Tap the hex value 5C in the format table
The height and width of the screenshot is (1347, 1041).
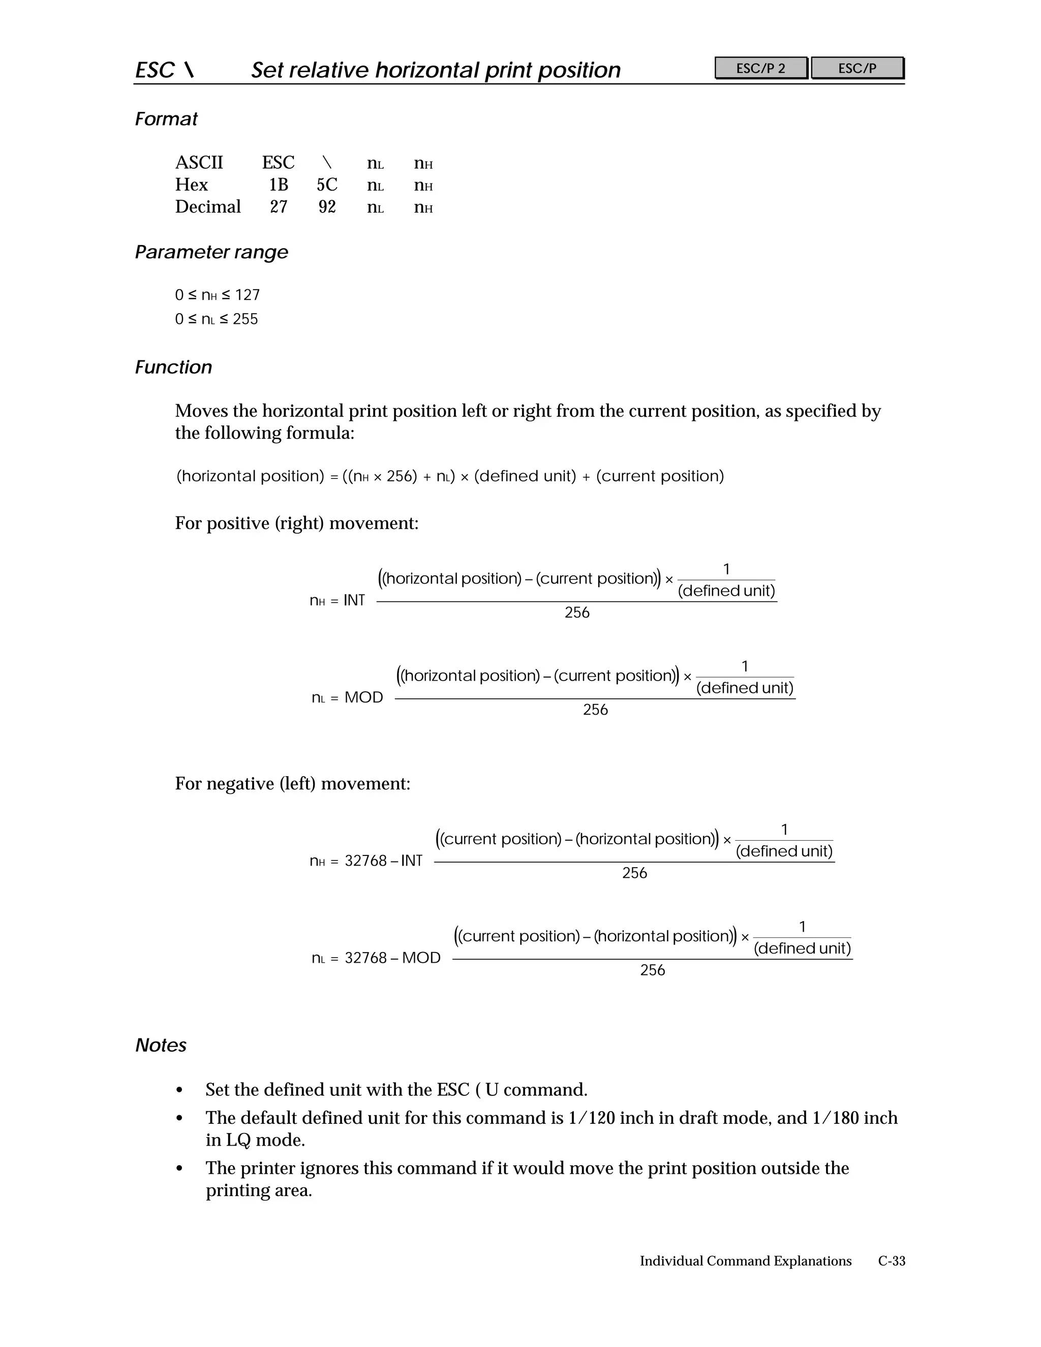coord(327,185)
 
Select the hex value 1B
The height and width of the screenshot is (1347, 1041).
coord(278,185)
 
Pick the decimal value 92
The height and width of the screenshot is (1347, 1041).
coord(327,207)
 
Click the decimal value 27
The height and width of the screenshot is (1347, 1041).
coord(278,207)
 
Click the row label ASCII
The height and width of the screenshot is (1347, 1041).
coord(199,163)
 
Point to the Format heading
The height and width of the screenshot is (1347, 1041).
coord(166,119)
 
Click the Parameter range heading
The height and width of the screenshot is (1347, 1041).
coord(211,252)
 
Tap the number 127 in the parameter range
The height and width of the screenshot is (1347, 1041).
coord(248,295)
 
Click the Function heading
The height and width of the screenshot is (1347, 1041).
coord(173,368)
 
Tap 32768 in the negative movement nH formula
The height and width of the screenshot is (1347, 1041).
coord(365,861)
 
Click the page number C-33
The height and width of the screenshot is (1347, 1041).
coord(891,1261)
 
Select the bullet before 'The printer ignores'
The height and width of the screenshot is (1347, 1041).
coord(179,1169)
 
